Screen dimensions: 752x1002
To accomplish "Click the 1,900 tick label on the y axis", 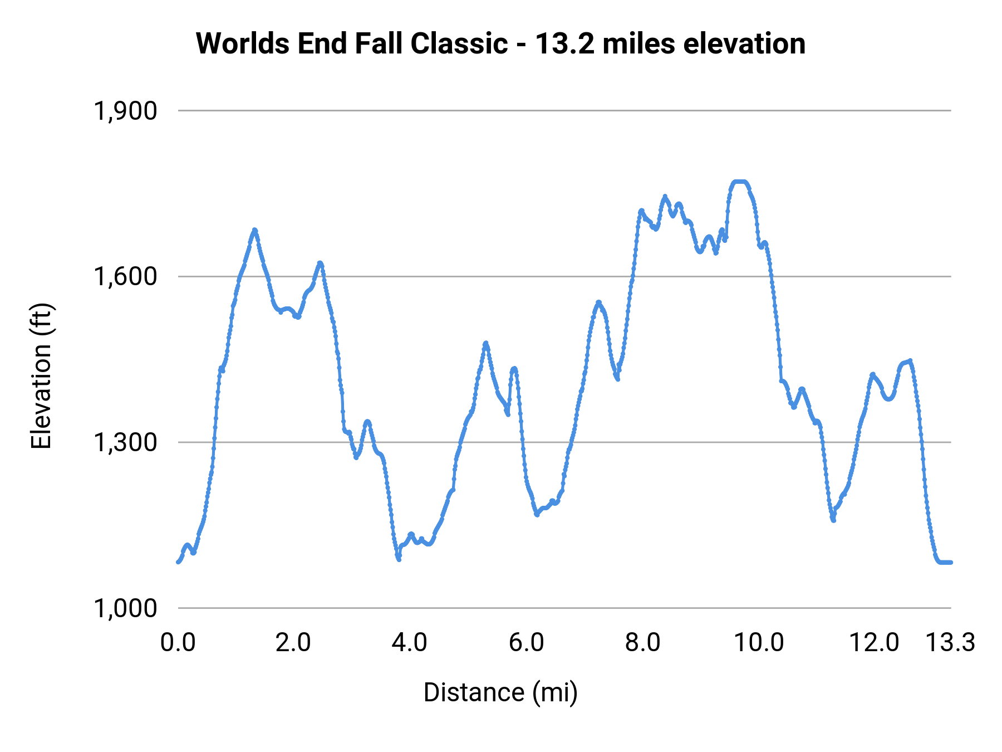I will (x=125, y=111).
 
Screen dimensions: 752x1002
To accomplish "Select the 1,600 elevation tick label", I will (x=125, y=276).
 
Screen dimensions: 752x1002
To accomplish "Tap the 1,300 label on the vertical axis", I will (x=125, y=442).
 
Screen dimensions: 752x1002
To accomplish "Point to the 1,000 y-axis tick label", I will (x=125, y=608).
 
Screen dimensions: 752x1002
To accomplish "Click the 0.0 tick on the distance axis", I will (x=178, y=643).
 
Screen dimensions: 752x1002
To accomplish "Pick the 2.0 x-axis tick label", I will (x=293, y=643).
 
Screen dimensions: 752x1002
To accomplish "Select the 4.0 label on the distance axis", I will (x=410, y=643).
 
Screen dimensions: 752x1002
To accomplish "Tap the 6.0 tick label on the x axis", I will (x=527, y=643).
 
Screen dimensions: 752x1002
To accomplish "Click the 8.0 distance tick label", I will (x=642, y=643).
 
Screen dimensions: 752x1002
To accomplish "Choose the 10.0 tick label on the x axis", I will (x=759, y=643).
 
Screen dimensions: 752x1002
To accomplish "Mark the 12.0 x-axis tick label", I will (x=874, y=643).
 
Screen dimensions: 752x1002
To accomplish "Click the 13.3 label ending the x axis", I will (x=950, y=643).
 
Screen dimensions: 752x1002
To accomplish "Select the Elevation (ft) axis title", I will (x=41, y=376).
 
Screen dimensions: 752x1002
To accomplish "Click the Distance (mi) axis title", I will (x=500, y=692).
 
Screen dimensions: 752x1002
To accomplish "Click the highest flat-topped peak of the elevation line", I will (x=740, y=182).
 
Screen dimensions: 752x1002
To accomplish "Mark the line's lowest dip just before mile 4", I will (x=399, y=559).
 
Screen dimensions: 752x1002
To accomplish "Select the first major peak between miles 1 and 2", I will (x=254, y=229).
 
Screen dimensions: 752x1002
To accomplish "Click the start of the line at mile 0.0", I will (x=178, y=562).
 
